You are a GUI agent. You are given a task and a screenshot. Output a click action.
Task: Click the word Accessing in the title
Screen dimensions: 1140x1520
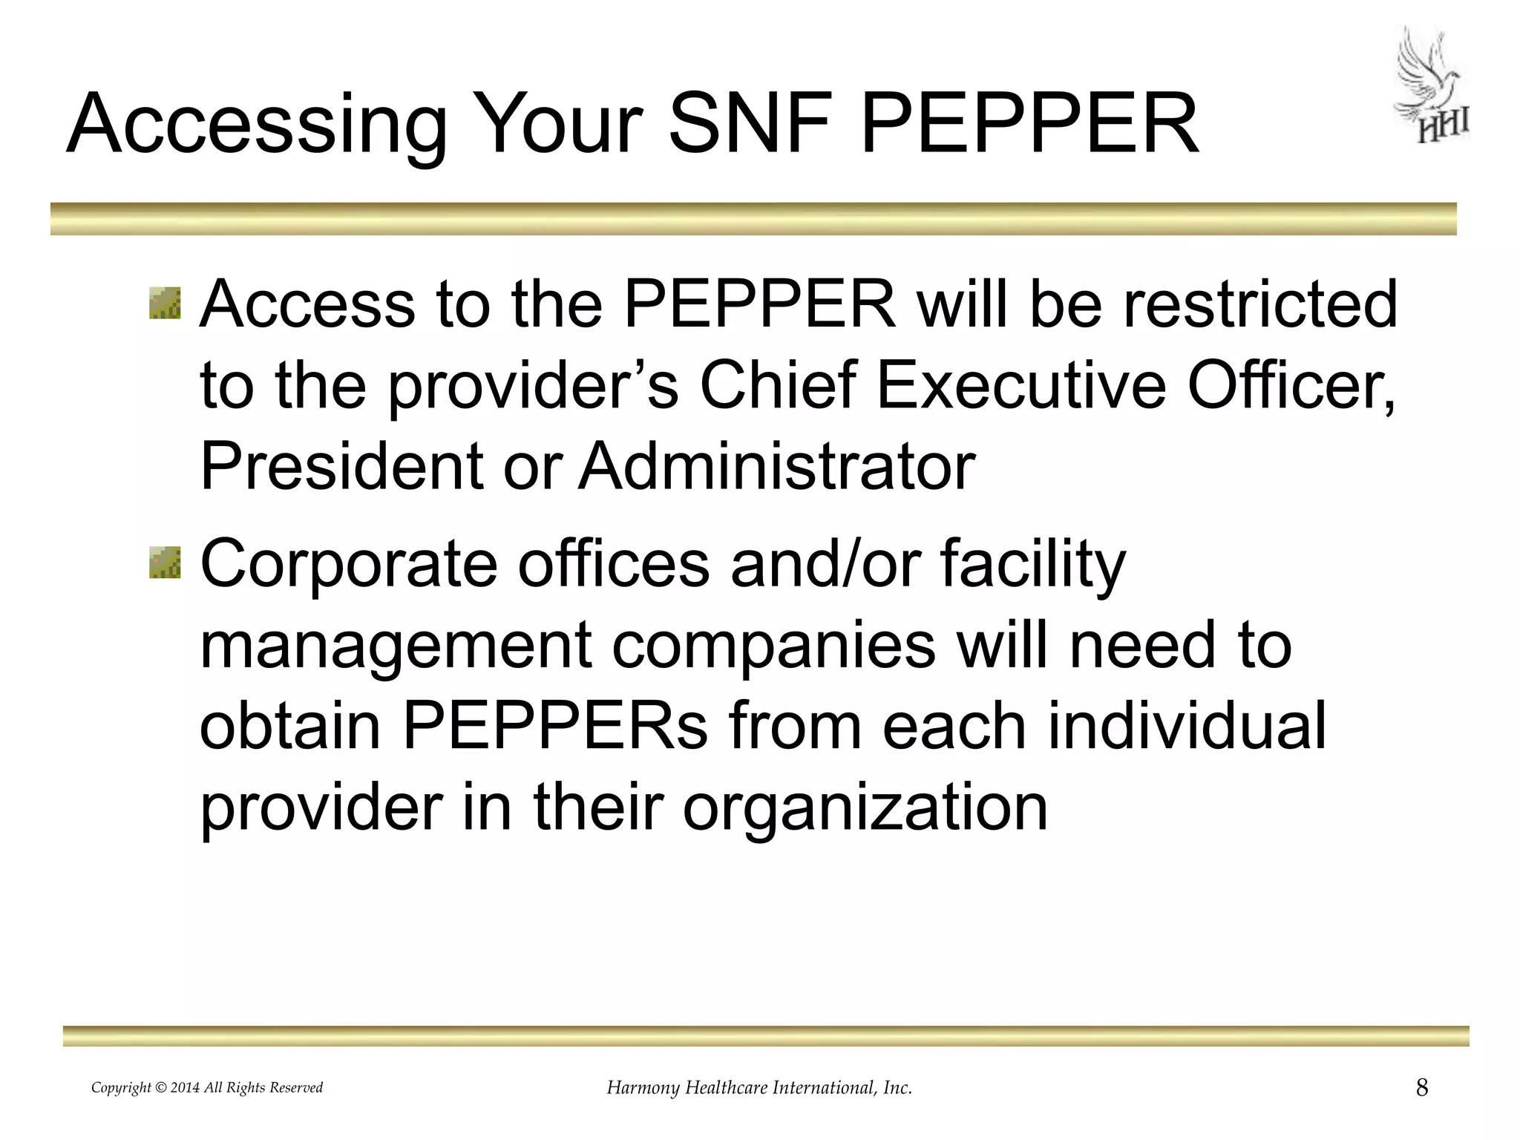click(257, 124)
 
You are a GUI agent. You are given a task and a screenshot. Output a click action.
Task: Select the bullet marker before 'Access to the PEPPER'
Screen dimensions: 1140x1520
click(165, 304)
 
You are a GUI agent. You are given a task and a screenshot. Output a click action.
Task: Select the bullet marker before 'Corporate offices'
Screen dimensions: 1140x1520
click(165, 562)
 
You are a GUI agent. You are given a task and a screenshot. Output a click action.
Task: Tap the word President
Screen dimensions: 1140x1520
click(342, 467)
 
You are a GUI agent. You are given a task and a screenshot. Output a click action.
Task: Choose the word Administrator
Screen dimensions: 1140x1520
click(777, 467)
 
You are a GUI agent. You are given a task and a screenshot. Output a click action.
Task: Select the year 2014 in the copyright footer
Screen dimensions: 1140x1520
click(185, 1088)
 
